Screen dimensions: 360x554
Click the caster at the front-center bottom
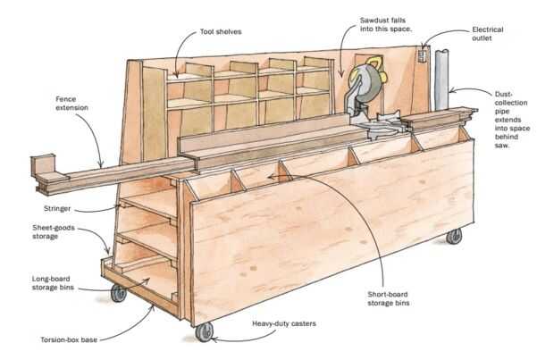[x=204, y=332]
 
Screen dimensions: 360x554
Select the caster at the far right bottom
[x=454, y=236]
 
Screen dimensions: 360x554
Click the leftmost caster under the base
[x=117, y=293]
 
